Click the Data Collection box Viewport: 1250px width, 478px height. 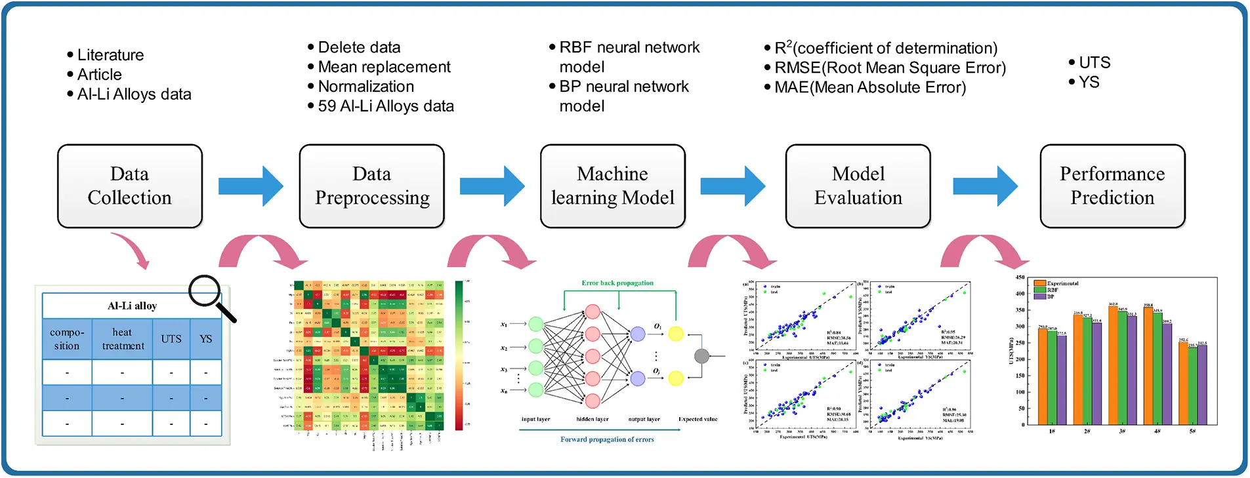pos(129,186)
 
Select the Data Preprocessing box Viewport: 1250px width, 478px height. pos(371,186)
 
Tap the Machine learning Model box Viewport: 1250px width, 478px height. pos(612,186)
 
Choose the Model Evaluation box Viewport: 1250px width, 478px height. pos(858,186)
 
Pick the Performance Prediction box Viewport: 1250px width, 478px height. pos(1112,186)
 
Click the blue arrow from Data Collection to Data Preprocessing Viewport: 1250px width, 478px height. pos(250,186)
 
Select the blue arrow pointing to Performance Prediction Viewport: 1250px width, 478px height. pos(984,186)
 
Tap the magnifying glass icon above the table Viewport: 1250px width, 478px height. pos(209,292)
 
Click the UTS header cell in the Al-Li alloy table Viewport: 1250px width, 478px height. pos(171,339)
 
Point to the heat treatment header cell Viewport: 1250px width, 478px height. pos(122,339)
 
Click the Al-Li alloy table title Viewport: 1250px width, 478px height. pos(132,306)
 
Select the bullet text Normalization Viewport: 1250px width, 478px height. pos(365,87)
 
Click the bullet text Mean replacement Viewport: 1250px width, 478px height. pos(384,67)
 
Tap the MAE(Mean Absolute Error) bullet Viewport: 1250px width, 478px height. pos(869,87)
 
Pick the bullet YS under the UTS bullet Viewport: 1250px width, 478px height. pos(1089,82)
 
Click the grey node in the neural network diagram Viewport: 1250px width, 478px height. pos(701,356)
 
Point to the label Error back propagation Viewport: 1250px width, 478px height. pos(617,283)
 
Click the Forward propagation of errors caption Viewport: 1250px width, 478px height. pos(607,439)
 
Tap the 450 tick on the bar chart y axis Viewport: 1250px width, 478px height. pos(1020,277)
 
